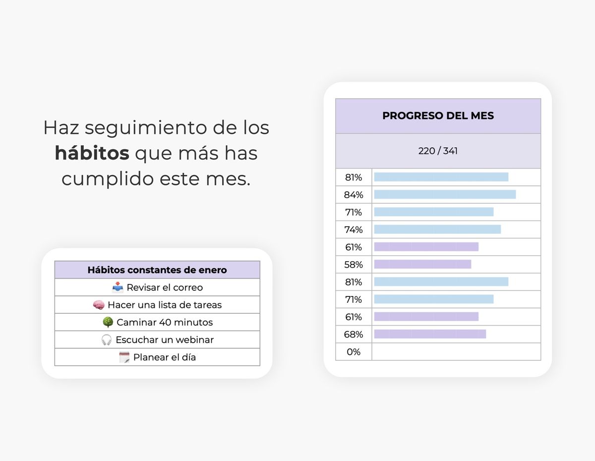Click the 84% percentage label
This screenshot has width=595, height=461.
coord(354,195)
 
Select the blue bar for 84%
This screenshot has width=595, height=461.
coord(445,194)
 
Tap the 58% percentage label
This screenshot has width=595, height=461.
coord(354,265)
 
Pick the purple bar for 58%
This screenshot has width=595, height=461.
coord(422,264)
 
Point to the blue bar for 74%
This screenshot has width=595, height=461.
coord(437,229)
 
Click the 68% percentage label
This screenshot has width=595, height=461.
coord(354,335)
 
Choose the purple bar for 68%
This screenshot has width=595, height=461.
coord(430,334)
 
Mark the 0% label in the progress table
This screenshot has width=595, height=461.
coord(354,352)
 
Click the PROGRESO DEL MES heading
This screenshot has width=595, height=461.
coord(438,116)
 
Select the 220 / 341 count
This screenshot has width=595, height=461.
coord(438,151)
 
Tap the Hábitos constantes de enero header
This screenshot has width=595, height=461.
coord(157,270)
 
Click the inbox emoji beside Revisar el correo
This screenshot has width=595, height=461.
coord(118,288)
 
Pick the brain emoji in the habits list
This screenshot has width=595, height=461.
coord(99,305)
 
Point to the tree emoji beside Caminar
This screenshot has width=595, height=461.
coord(108,322)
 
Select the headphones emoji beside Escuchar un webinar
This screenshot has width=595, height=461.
coord(107,340)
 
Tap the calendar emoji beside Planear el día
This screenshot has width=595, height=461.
coord(124,357)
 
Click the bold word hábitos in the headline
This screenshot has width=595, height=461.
coord(92,153)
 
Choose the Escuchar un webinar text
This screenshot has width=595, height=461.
coord(165,340)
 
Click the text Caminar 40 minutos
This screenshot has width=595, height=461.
coord(165,322)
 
